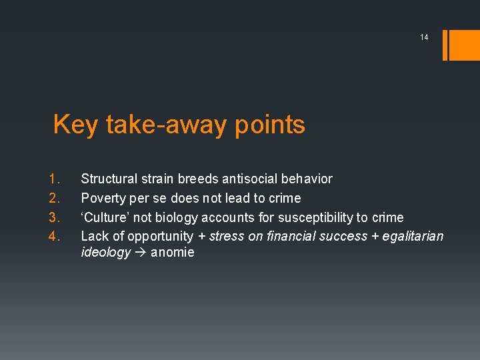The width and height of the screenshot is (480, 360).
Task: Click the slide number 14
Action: coord(424,37)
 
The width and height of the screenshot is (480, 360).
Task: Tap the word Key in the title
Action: coord(75,125)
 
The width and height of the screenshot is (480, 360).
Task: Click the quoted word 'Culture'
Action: coord(105,217)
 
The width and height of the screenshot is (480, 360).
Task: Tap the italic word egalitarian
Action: coord(411,235)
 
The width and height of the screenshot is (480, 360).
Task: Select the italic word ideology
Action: coord(105,253)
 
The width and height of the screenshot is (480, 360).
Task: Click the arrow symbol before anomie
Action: coord(141,253)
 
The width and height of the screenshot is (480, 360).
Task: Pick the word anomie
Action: coord(173,253)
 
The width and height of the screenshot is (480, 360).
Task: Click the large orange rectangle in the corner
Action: coord(465,44)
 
